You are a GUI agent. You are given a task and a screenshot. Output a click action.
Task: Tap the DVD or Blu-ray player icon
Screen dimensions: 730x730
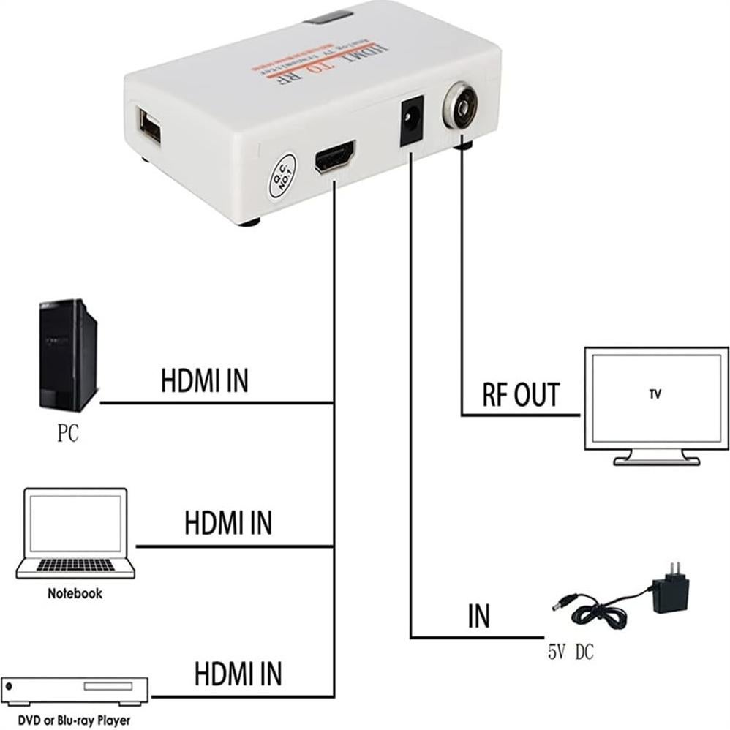coord(75,691)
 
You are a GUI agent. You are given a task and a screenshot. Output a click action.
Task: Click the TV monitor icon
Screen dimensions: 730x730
coord(655,407)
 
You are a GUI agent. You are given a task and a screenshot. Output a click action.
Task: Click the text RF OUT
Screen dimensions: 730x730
coord(520,395)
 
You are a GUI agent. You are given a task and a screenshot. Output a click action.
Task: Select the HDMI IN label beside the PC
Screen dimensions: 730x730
coord(204,381)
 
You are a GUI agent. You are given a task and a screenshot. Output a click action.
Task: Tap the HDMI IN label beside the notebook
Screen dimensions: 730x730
coord(227,524)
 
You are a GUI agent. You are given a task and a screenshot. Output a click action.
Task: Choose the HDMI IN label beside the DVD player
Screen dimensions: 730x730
coord(238,673)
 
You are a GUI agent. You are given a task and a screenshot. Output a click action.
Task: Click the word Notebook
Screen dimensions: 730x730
coord(75,593)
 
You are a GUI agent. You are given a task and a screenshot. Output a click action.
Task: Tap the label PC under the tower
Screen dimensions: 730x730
coord(67,434)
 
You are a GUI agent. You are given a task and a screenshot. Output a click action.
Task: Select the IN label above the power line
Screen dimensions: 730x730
coord(478,617)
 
